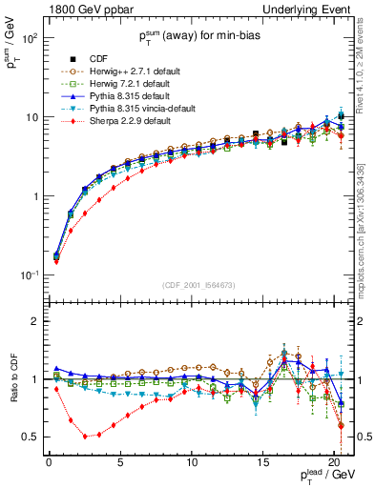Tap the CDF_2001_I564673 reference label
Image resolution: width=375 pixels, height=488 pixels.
201,284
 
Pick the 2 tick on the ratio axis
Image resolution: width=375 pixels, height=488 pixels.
37,322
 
